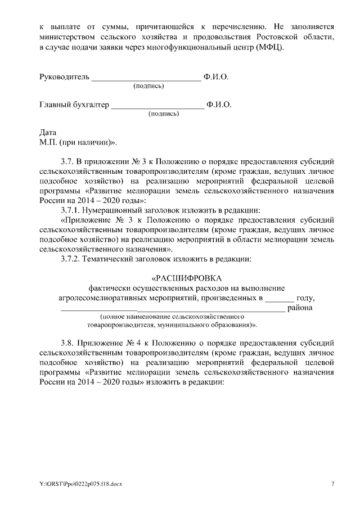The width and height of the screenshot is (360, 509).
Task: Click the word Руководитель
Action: coord(65,76)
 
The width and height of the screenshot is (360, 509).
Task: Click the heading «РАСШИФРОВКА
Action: coord(187,278)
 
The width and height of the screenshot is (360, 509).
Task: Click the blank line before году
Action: coord(280,298)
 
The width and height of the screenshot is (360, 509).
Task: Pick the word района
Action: coord(299,308)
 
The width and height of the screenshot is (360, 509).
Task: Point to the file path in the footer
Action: coord(80,484)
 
